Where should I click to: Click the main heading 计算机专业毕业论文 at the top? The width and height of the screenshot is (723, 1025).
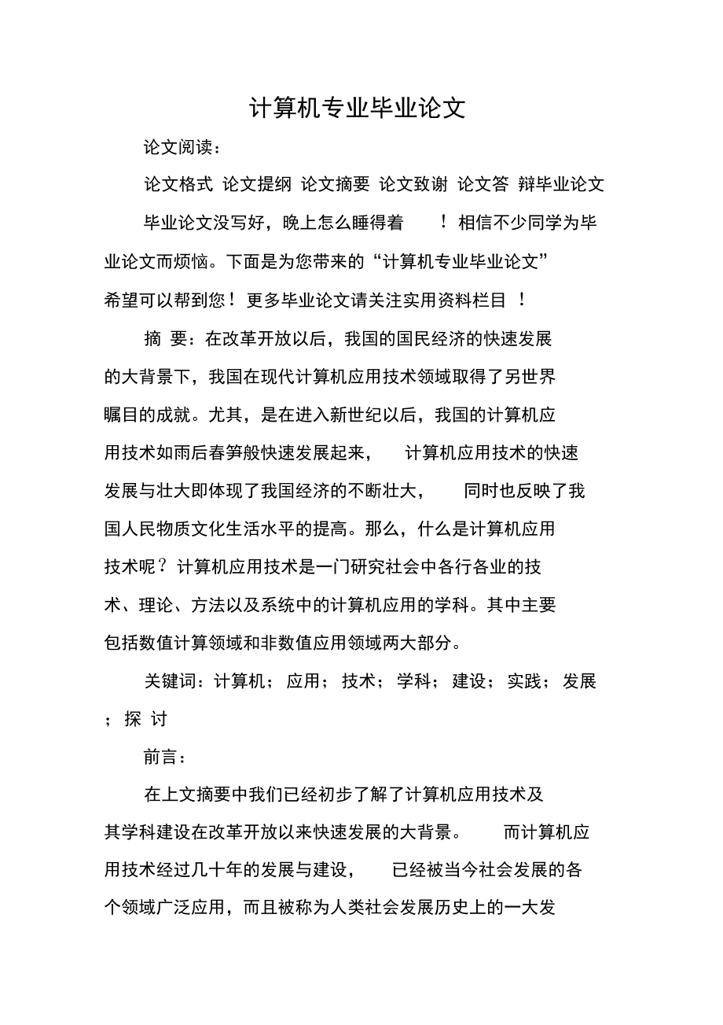tap(358, 108)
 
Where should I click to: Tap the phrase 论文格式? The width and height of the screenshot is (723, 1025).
tap(178, 184)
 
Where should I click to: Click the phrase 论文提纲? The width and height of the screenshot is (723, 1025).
tap(257, 184)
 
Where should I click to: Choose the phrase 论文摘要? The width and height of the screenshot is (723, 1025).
tap(336, 184)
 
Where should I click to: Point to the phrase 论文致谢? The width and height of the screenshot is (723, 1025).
tap(413, 184)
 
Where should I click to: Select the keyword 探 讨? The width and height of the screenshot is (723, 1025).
tap(145, 719)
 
